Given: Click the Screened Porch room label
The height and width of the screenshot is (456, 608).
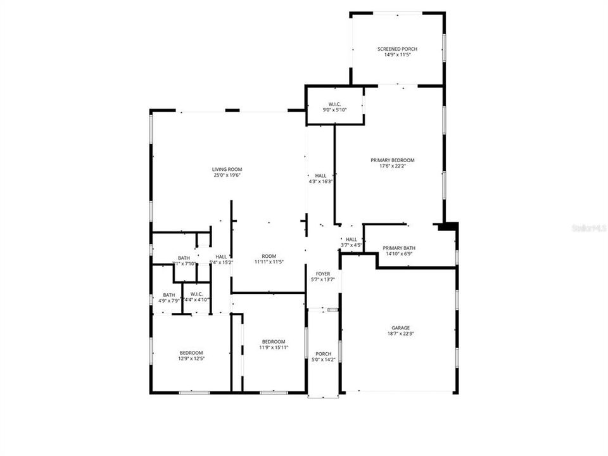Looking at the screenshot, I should pyautogui.click(x=397, y=49).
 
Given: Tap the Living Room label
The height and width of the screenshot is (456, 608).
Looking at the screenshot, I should pyautogui.click(x=227, y=169).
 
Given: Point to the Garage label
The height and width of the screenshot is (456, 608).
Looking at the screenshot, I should pyautogui.click(x=400, y=327).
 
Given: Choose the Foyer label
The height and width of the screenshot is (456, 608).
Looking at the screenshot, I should pyautogui.click(x=323, y=274).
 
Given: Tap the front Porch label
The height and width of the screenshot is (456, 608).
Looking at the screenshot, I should pyautogui.click(x=323, y=353).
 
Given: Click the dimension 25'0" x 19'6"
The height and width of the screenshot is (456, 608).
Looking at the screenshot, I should pyautogui.click(x=227, y=175).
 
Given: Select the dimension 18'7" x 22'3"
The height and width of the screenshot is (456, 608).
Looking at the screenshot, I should pyautogui.click(x=400, y=334).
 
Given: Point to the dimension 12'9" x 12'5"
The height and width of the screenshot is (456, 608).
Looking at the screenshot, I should pyautogui.click(x=191, y=358).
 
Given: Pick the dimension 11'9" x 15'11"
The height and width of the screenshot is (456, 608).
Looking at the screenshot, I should pyautogui.click(x=274, y=347).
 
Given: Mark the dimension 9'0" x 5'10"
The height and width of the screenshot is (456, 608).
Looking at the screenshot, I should pyautogui.click(x=335, y=110).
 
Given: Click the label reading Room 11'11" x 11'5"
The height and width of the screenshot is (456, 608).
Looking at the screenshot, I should pyautogui.click(x=269, y=258).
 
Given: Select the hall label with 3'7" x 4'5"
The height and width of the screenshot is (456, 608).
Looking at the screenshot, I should pyautogui.click(x=351, y=242).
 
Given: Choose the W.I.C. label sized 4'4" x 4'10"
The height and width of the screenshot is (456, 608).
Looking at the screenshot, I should pyautogui.click(x=196, y=296).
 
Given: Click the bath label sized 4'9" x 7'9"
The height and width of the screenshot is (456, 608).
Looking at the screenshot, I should pyautogui.click(x=169, y=298).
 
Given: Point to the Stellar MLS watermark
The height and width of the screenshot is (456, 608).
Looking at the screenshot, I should pyautogui.click(x=588, y=227).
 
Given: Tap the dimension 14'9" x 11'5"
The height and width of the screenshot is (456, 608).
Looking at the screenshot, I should pyautogui.click(x=397, y=55).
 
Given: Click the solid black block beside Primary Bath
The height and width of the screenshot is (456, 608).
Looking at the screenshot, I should pyautogui.click(x=447, y=226).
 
